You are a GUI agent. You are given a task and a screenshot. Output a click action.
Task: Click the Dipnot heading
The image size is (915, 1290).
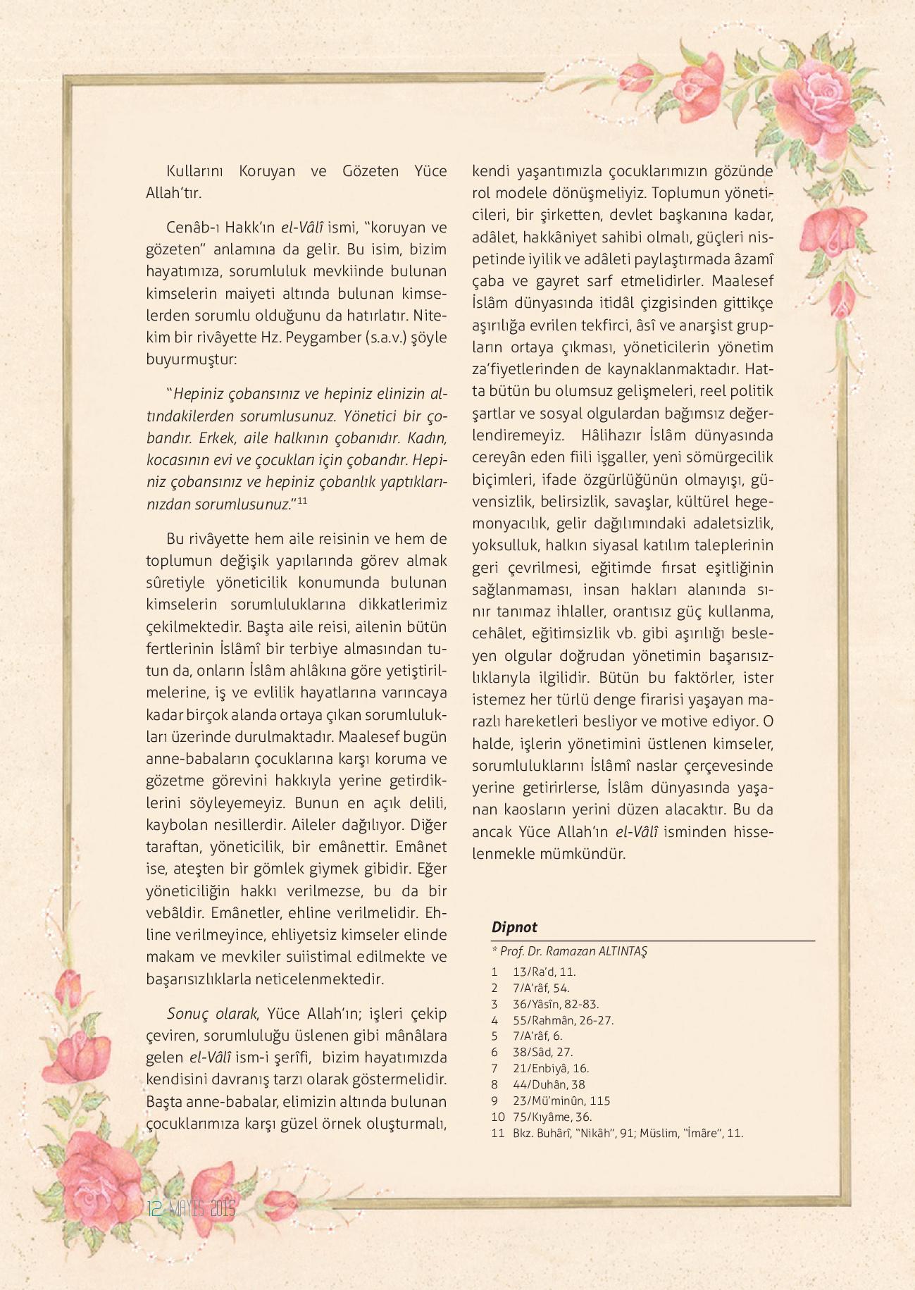point(514,926)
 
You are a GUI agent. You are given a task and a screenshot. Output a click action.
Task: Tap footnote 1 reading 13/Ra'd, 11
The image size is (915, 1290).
point(544,972)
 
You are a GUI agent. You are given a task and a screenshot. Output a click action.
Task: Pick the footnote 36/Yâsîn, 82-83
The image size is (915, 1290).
point(556,1004)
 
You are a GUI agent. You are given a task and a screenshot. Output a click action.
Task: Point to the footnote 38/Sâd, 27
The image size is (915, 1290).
point(542,1052)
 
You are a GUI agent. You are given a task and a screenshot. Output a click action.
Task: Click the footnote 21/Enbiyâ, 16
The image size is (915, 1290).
point(551,1068)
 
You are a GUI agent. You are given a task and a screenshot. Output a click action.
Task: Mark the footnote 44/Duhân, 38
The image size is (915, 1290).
point(549,1084)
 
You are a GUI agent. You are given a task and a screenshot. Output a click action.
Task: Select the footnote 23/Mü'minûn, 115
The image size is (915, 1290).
point(561,1100)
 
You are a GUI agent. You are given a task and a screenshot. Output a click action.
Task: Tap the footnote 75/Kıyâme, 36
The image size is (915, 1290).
point(552,1117)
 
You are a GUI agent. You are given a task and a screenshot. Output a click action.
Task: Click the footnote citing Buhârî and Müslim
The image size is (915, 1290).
point(628,1133)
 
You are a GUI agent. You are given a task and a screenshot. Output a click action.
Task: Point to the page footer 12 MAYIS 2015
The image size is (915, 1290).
point(191,1209)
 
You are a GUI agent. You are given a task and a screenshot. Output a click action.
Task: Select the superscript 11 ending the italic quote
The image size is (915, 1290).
point(302,501)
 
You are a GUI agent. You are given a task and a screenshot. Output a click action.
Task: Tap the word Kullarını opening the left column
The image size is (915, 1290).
point(194,171)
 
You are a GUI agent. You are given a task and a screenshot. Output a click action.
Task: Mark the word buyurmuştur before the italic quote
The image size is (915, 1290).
point(192,359)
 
